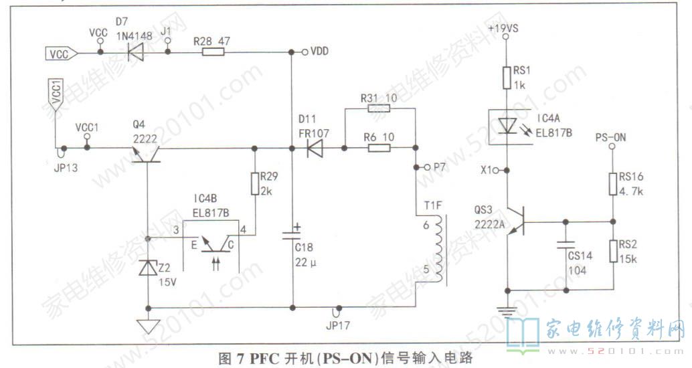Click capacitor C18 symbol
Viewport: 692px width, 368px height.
coord(292,234)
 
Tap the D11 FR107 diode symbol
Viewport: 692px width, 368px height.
coord(315,149)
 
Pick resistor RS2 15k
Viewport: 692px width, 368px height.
coord(613,251)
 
